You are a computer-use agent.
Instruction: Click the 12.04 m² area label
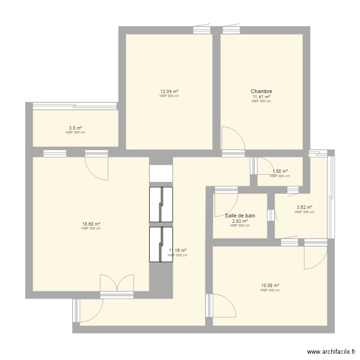coord(169,91)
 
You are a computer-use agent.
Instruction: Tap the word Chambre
coord(261,91)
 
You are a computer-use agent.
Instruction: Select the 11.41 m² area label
coord(261,96)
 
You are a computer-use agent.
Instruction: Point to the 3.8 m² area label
coord(75,128)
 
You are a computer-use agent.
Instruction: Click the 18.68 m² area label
coord(91,224)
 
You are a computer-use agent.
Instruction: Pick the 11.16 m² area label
coord(178,250)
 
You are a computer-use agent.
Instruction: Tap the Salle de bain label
coord(240,216)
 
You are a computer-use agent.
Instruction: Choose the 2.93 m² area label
coord(240,221)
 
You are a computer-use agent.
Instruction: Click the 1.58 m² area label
coord(280,171)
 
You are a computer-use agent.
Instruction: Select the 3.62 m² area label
coord(304,207)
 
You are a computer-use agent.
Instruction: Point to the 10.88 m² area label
coord(270,285)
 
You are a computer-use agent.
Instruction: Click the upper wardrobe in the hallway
coord(160,204)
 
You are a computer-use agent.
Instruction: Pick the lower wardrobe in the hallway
coord(160,244)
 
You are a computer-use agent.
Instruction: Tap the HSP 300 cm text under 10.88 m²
coord(270,290)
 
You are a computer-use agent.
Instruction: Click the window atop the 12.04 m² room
coord(202,30)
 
